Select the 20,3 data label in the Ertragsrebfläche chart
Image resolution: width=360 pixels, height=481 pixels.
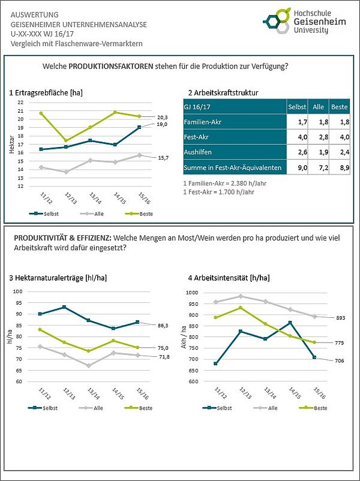(162, 117)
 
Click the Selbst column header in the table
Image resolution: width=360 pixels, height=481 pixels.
(296, 106)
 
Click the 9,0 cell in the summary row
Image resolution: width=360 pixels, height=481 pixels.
(296, 168)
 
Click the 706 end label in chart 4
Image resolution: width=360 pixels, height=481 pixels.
(340, 360)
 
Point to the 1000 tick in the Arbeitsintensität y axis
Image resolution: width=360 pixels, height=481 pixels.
(191, 293)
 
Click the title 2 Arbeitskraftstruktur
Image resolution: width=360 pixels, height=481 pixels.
(223, 93)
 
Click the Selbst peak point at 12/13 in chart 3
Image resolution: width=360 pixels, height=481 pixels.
(64, 307)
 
